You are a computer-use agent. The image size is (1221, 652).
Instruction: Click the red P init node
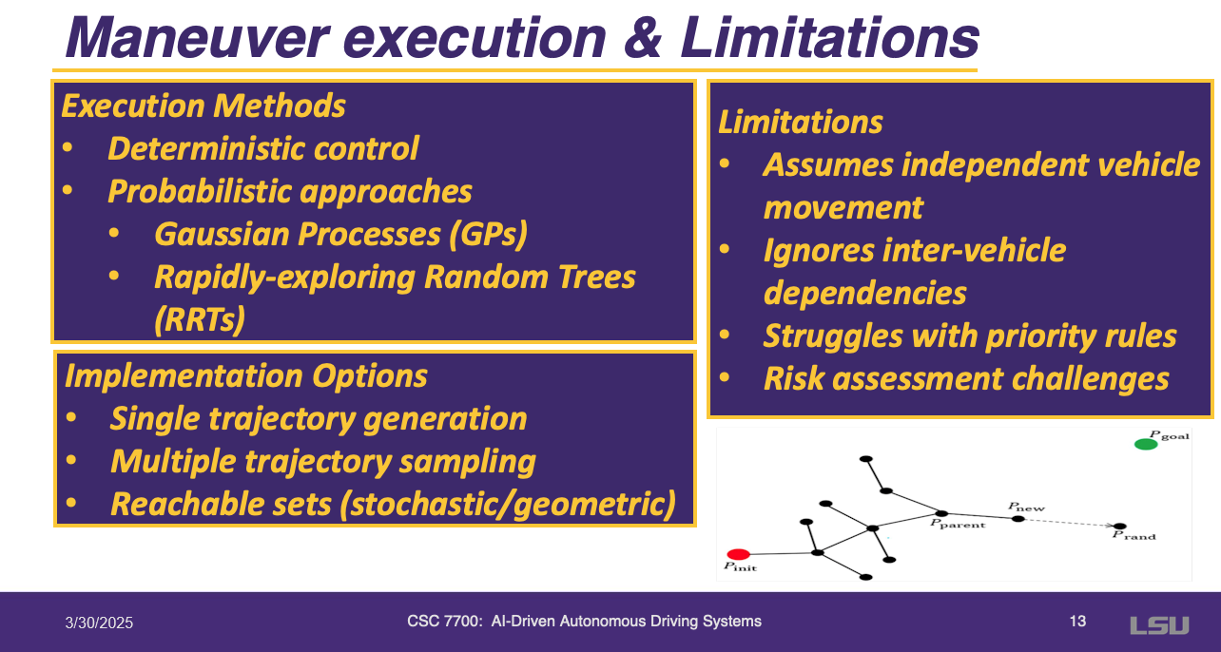click(x=739, y=554)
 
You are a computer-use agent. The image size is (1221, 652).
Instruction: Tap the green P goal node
click(x=1146, y=445)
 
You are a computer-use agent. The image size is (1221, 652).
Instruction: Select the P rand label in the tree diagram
click(x=1134, y=535)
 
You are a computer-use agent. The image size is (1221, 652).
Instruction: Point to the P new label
click(x=1026, y=508)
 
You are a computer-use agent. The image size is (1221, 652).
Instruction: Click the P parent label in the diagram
click(x=958, y=524)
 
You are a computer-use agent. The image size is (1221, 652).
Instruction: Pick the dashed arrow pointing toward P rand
click(x=1069, y=523)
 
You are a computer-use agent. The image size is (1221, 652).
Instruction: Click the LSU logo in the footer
click(x=1159, y=625)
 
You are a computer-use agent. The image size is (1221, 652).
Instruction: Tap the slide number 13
click(x=1077, y=622)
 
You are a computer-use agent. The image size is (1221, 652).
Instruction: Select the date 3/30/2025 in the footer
click(x=99, y=623)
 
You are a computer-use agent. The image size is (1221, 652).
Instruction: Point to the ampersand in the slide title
click(x=643, y=38)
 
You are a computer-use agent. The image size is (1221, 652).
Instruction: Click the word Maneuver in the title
click(x=198, y=38)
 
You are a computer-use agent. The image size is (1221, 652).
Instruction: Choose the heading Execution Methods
click(x=203, y=105)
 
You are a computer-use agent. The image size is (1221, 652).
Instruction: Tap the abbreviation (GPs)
click(x=489, y=235)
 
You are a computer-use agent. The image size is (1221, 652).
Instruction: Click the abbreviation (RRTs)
click(x=200, y=319)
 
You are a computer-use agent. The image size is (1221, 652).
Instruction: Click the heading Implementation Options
click(x=246, y=376)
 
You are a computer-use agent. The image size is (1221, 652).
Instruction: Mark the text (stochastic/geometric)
click(x=508, y=505)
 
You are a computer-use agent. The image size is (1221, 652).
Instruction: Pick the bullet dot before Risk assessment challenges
click(x=725, y=377)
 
